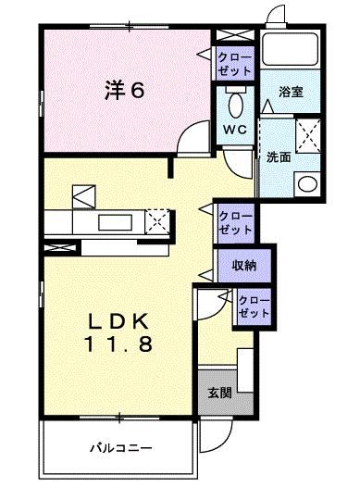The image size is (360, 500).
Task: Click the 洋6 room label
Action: tap(123, 92)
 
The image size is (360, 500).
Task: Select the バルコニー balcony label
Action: tap(120, 449)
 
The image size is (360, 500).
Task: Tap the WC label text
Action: tap(233, 129)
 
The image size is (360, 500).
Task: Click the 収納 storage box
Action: tap(244, 266)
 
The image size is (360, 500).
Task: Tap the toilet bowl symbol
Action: tap(234, 99)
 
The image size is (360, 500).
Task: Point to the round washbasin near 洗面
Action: tap(306, 182)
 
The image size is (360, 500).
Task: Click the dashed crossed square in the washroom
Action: tap(307, 133)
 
